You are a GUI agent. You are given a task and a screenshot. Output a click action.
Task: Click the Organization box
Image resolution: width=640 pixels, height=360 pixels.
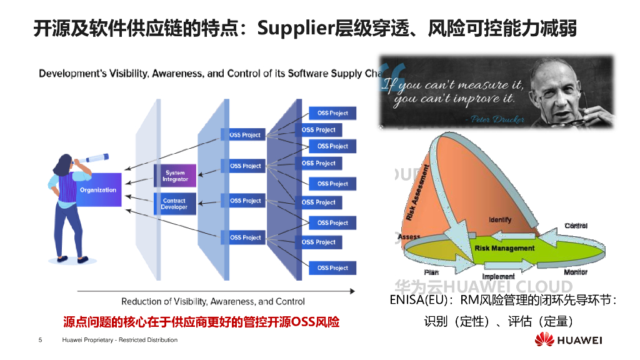[98, 189]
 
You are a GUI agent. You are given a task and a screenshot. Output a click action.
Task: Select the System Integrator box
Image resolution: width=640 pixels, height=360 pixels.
[175, 176]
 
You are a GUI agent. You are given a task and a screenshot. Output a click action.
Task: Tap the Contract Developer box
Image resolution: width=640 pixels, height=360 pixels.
[174, 204]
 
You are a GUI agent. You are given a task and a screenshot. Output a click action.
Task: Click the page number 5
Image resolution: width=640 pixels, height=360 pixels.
[41, 340]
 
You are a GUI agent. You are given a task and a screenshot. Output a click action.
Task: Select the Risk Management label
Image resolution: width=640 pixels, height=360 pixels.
[504, 248]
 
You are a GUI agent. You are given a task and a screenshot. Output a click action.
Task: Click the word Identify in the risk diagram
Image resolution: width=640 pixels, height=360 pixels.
[500, 220]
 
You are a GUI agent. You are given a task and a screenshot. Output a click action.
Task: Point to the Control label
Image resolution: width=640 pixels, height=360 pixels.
[576, 226]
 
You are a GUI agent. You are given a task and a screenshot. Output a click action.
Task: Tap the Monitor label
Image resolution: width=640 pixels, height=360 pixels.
[576, 272]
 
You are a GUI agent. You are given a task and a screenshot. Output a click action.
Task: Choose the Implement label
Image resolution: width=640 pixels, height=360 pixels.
[498, 276]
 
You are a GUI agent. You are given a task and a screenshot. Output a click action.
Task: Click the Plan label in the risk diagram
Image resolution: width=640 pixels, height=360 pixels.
[431, 272]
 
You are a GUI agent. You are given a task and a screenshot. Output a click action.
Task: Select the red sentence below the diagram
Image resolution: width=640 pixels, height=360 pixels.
[201, 322]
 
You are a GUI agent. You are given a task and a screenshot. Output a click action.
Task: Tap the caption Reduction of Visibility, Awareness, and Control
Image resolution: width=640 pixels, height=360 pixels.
[213, 301]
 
